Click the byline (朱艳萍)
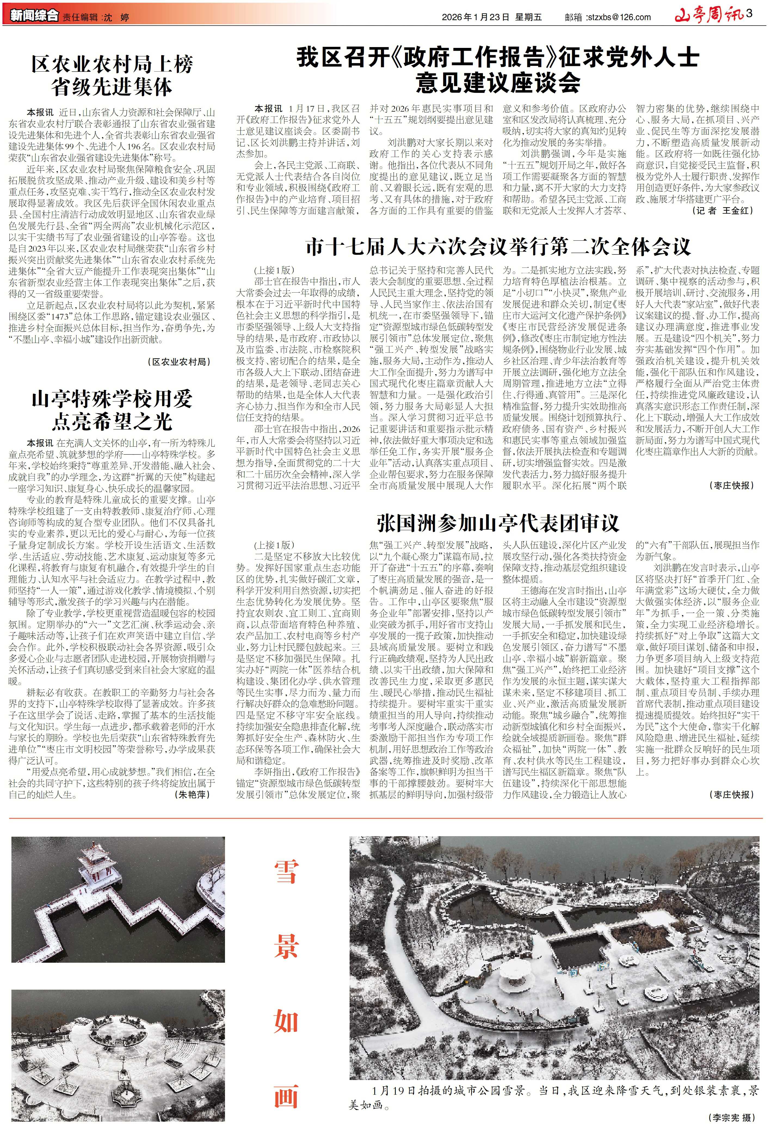coord(193,794)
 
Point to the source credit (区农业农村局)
coord(179,362)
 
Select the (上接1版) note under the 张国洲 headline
coord(274,545)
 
